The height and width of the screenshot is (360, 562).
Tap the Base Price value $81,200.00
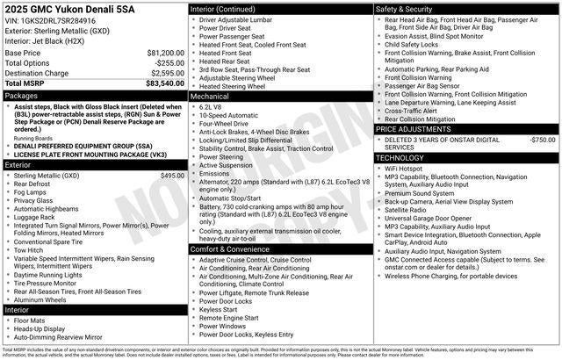point(165,53)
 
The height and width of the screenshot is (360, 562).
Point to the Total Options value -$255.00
point(169,63)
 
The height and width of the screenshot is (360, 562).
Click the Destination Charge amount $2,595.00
point(167,73)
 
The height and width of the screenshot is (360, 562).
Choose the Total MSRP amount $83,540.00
point(164,83)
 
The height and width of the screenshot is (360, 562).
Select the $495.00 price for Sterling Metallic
point(172,176)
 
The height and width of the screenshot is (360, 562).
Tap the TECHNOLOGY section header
point(400,157)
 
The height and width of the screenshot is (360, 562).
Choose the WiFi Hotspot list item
point(404,168)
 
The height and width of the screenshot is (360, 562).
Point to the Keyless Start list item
point(218,309)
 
